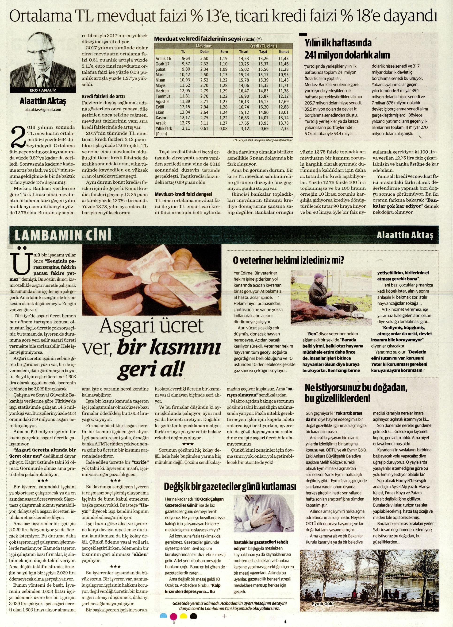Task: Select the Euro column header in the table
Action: (224, 51)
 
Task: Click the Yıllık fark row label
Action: (164, 128)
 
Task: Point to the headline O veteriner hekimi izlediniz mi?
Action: (288, 260)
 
